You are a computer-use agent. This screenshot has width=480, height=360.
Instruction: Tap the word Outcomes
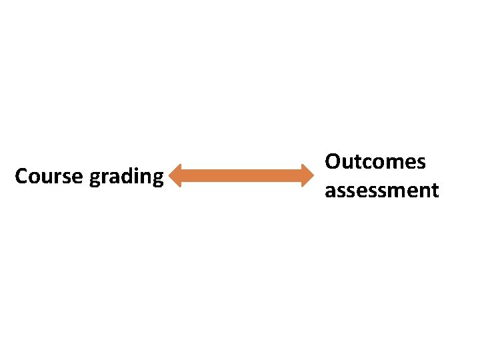(375, 162)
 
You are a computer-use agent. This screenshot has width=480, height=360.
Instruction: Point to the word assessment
(381, 191)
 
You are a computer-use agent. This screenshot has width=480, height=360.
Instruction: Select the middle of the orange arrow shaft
(243, 176)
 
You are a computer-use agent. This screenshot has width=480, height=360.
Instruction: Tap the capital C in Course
(21, 177)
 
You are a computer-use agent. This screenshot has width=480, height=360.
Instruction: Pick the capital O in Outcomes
(333, 162)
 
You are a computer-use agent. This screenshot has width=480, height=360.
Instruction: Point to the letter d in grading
(128, 175)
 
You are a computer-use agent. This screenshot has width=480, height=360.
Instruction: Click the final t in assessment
(435, 191)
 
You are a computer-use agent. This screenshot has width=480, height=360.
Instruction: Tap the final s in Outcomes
(420, 164)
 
